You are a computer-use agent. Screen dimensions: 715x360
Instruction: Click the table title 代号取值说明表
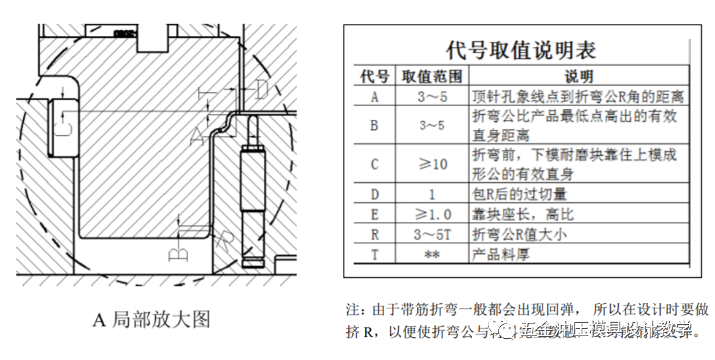point(521,50)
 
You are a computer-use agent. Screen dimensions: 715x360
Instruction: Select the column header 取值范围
point(432,76)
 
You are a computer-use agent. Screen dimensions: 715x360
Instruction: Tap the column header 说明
point(578,76)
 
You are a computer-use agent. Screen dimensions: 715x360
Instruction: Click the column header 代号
point(374,76)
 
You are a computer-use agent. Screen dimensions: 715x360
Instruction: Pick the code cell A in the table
point(374,97)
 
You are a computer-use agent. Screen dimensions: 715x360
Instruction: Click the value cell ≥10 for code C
point(432,164)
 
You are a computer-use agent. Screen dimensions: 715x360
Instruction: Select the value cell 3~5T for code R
point(432,234)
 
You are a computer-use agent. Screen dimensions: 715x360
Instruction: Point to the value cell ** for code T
point(432,253)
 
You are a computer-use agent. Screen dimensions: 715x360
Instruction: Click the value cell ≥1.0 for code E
point(432,214)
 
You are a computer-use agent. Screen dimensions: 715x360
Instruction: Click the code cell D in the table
point(374,195)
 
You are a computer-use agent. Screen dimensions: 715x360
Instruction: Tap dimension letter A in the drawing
point(196,136)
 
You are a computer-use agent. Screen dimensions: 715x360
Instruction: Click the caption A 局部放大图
point(151,320)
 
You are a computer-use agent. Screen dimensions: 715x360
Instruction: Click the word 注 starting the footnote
point(352,310)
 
